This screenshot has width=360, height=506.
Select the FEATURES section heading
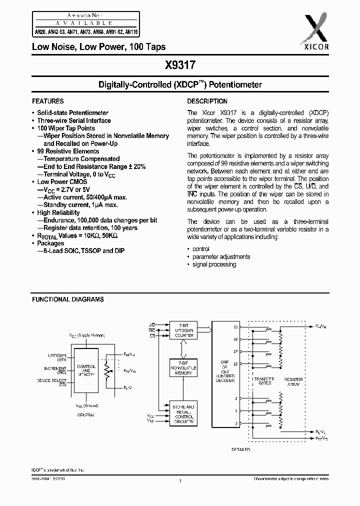point(48,101)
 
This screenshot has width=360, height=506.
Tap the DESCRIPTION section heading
point(207,101)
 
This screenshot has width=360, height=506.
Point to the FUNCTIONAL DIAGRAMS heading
point(68,299)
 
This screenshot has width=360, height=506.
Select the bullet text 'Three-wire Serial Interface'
point(74,120)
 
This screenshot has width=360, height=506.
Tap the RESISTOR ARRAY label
point(293,381)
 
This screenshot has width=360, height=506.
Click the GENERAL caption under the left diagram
point(86,415)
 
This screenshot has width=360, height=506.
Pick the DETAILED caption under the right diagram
point(240,449)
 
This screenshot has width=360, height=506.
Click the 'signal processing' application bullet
point(214,264)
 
